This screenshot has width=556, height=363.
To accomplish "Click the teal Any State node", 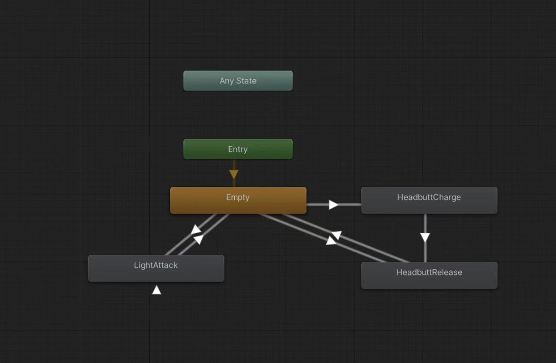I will (238, 81).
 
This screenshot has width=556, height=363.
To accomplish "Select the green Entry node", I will (238, 149).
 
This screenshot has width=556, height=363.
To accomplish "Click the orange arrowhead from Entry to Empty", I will (234, 174).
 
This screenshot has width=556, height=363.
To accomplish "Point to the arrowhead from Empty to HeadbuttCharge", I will (334, 205).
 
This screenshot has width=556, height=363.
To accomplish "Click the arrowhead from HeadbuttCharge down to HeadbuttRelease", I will (425, 237).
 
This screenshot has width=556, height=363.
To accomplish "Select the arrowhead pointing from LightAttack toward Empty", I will (196, 229).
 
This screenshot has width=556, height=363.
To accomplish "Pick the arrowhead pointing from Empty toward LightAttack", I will (198, 239).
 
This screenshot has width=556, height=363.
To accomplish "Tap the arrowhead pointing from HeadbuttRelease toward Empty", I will (336, 236).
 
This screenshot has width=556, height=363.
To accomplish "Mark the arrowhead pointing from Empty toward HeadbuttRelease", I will (331, 240).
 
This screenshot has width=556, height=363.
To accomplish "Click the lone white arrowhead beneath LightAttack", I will (157, 290).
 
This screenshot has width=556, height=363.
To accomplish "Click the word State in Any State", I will (247, 81).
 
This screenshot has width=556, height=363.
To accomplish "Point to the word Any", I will (227, 81).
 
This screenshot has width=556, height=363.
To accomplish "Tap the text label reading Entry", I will (238, 149).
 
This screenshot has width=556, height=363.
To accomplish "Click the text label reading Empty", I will (238, 197).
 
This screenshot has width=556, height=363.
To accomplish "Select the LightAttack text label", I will (156, 265).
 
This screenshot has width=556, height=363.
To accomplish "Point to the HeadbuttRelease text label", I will (429, 272).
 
